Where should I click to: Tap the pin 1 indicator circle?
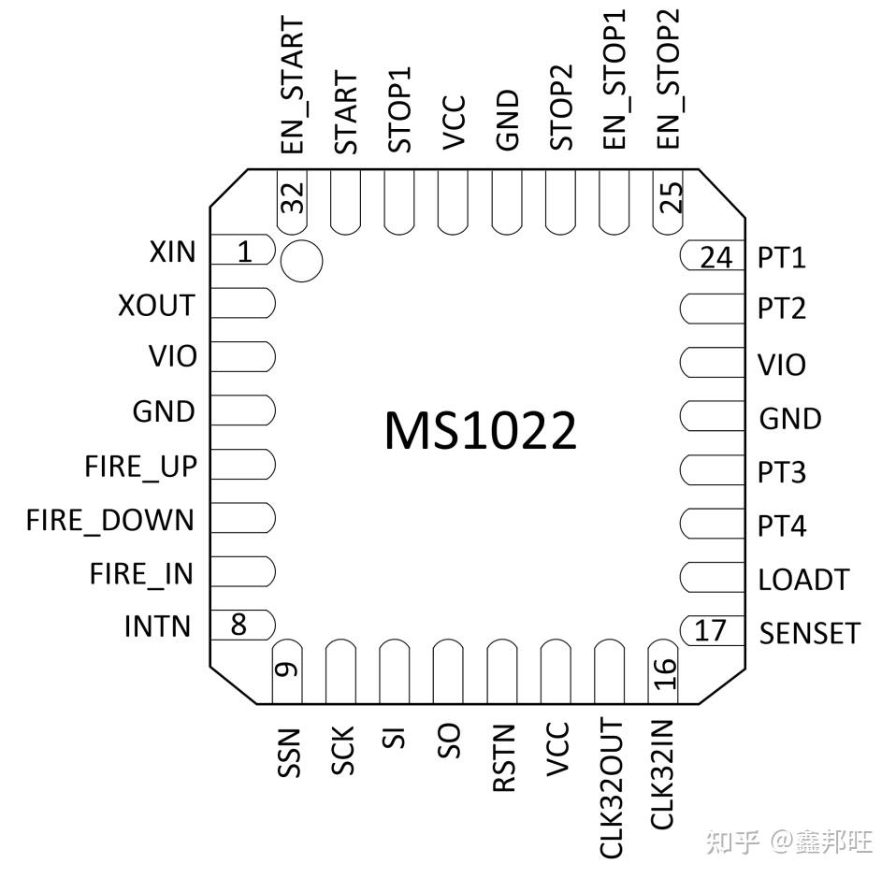click(301, 259)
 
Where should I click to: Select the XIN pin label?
click(171, 252)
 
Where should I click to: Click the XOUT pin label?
click(156, 306)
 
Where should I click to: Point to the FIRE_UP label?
click(140, 466)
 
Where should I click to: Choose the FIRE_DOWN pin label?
click(110, 520)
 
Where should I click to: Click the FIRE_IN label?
click(141, 573)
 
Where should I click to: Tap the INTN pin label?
click(157, 626)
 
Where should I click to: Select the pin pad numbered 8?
click(241, 625)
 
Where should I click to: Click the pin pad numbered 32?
click(293, 200)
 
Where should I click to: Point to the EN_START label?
click(293, 86)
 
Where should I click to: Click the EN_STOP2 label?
click(669, 77)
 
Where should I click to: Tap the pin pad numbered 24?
click(714, 255)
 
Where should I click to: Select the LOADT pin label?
click(803, 580)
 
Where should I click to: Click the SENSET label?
click(809, 633)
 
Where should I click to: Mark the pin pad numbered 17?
click(711, 630)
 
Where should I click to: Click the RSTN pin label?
click(504, 758)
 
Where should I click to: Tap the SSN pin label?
click(289, 752)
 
